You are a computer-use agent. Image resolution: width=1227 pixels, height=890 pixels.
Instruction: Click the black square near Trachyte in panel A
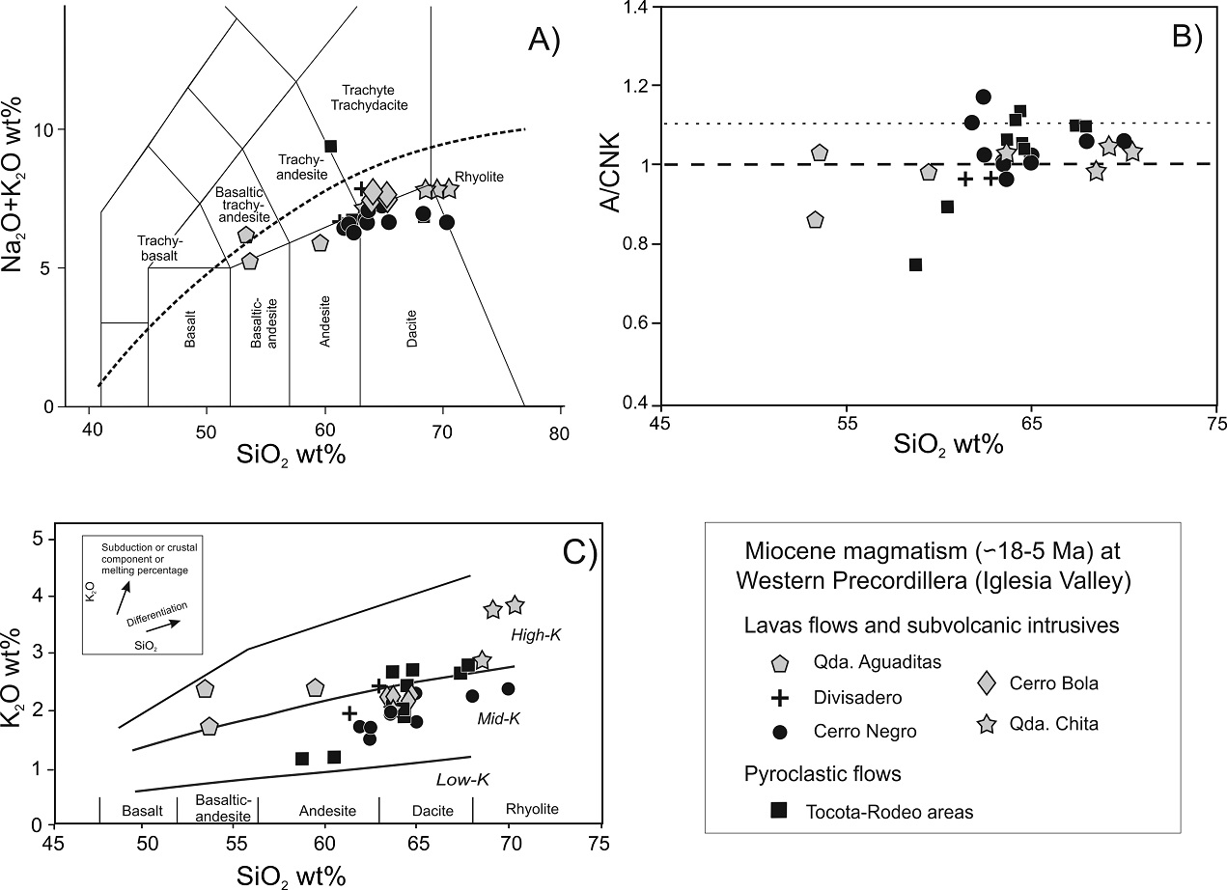330,146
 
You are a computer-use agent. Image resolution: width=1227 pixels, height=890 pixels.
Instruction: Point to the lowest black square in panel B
915,264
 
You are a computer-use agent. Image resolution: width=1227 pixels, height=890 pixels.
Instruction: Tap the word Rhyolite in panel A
481,177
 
